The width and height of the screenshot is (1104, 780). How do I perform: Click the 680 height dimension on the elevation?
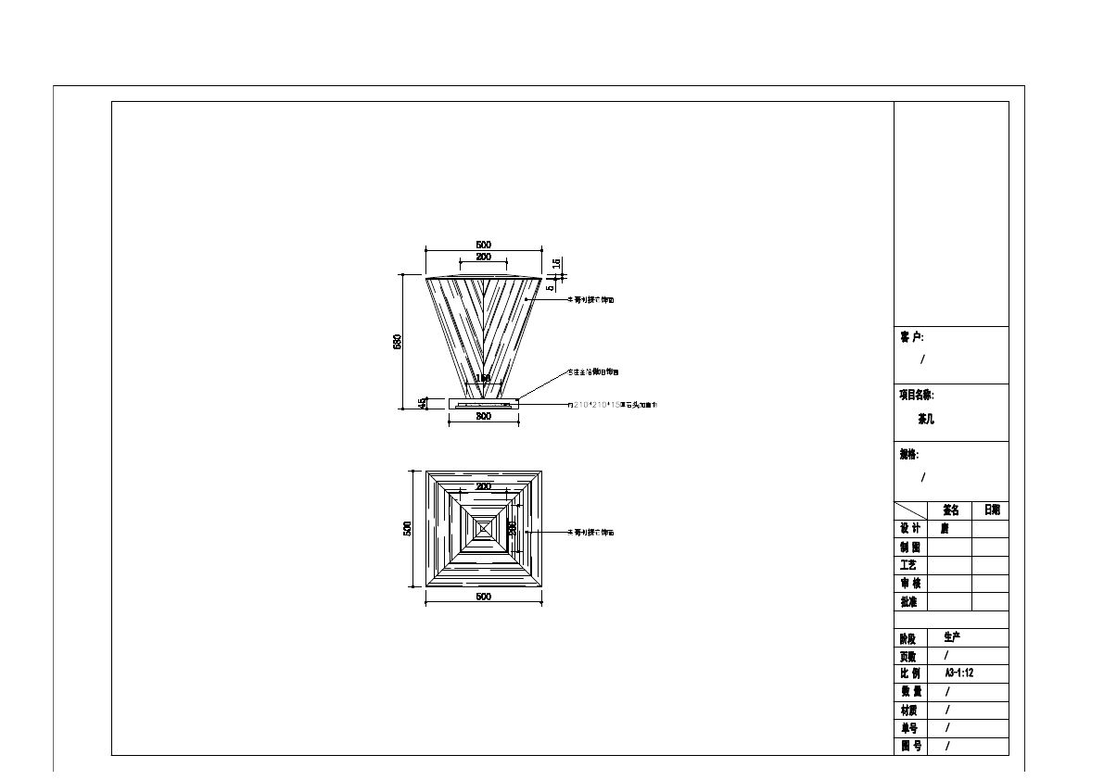point(398,342)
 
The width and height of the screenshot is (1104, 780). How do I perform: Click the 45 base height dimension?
point(424,403)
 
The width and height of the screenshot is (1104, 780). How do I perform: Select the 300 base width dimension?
point(483,417)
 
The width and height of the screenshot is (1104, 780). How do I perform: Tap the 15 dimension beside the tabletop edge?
point(556,263)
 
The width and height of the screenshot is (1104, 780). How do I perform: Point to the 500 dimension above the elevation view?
point(483,245)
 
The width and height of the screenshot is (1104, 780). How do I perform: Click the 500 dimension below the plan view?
point(483,597)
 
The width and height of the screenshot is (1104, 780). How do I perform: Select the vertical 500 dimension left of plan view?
point(407,528)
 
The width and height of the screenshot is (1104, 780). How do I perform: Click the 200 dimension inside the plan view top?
point(483,486)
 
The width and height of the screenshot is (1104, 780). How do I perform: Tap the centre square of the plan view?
point(483,528)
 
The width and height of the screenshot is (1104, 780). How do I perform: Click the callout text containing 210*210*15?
point(612,405)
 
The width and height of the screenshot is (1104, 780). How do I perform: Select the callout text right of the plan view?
point(590,533)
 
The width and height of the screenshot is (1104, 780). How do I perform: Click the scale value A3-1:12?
point(958,673)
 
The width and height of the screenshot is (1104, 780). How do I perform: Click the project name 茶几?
point(926,419)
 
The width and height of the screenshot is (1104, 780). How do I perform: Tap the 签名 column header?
point(950,510)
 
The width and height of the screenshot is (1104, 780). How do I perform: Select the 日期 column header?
point(991,510)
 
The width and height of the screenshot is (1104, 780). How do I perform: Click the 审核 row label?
point(910,584)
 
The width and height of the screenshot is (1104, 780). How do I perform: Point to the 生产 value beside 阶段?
point(952,637)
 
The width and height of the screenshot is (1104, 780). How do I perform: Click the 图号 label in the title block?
point(910,746)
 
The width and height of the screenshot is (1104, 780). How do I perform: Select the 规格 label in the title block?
point(908,455)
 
